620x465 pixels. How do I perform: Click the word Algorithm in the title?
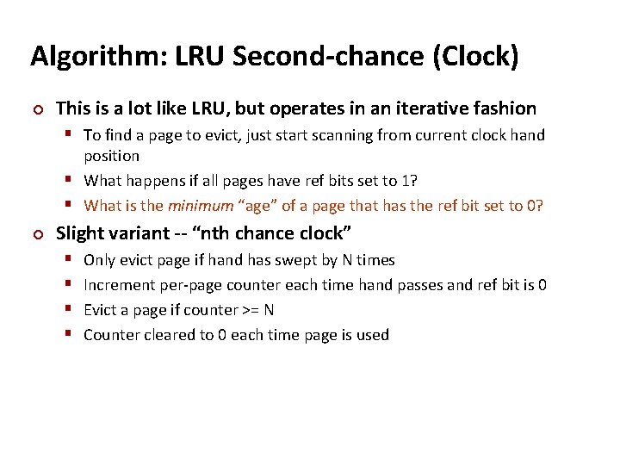click(x=83, y=56)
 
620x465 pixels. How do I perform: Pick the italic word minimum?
click(x=200, y=206)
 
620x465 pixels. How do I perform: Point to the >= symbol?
click(x=245, y=310)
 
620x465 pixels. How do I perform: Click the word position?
click(x=111, y=156)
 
